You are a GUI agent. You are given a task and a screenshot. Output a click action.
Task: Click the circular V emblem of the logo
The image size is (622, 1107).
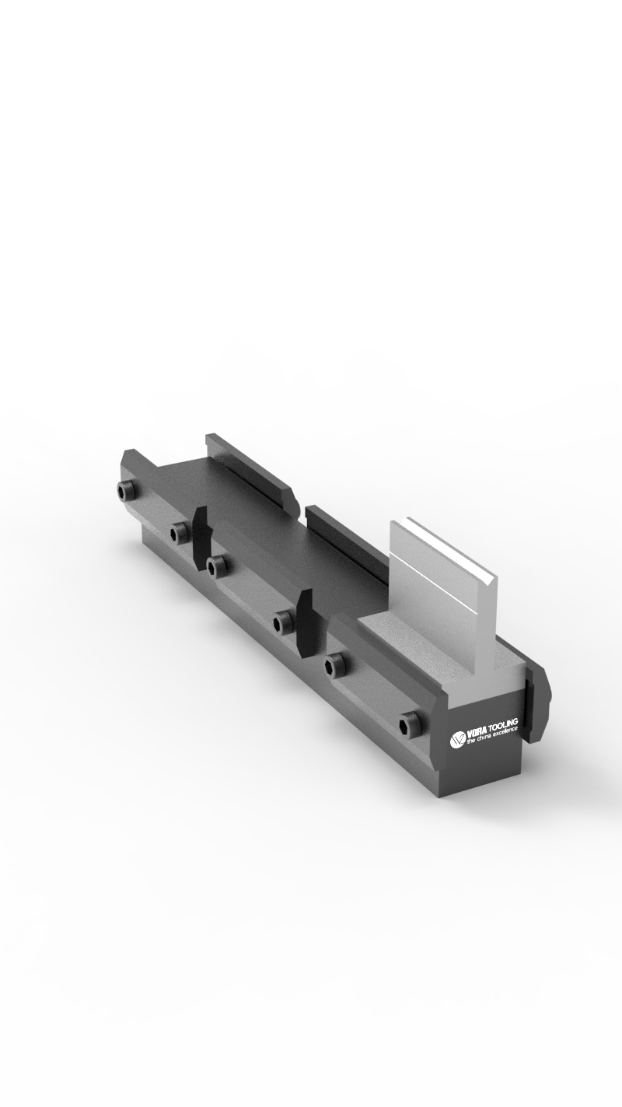tap(457, 738)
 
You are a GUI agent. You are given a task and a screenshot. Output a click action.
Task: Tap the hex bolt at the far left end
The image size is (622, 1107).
tap(125, 490)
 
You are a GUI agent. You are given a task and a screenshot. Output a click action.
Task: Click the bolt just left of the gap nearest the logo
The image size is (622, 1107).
tap(282, 621)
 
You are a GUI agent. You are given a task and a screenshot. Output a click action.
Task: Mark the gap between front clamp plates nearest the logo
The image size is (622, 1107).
tap(306, 622)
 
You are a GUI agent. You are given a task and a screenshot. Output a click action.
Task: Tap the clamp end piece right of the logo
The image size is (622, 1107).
tap(537, 705)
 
